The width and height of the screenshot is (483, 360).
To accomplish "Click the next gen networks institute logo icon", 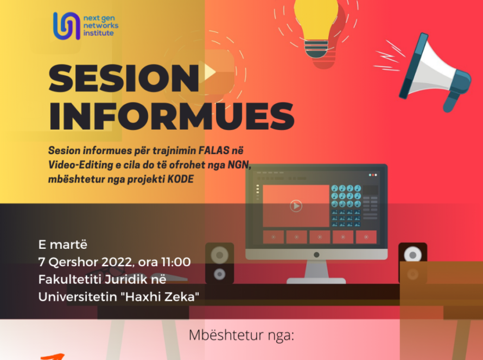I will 67,25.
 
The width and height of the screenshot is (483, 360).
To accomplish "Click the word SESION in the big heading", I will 124,79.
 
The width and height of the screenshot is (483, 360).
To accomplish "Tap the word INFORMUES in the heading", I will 171,115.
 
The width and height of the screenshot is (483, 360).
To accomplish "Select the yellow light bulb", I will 316,27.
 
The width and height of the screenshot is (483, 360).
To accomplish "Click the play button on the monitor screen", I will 296,206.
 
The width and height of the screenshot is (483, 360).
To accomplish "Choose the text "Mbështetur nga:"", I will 241,335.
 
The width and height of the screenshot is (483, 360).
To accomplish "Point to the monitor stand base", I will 316,280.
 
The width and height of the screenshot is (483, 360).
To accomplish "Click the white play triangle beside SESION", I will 209,71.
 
